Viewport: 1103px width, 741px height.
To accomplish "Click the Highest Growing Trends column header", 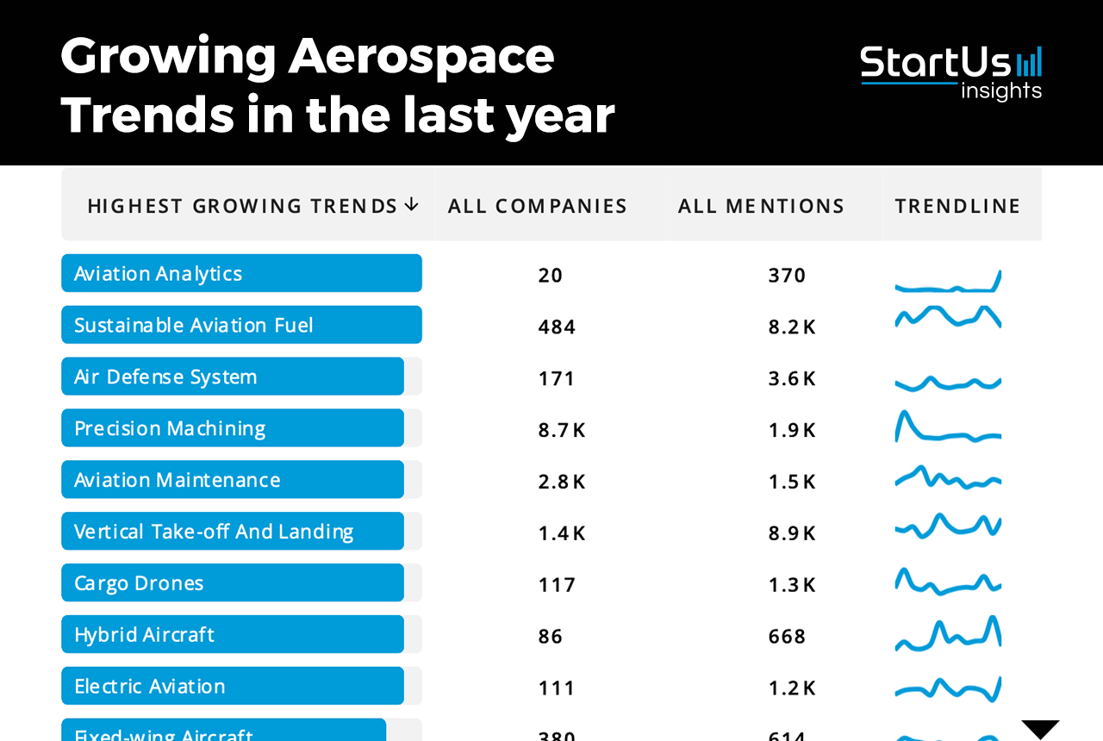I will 242,206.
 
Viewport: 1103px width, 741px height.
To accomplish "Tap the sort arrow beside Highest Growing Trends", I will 412,204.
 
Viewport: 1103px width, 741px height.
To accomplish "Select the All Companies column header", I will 538,206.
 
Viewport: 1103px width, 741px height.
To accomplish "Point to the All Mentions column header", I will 761,206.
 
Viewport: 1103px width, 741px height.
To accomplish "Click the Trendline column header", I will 957,206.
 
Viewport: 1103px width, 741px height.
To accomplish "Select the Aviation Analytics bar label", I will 159,274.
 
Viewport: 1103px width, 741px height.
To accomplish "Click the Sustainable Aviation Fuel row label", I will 194,326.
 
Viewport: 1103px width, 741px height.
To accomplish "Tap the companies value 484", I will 557,327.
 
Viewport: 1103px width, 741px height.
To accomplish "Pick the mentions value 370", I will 787,276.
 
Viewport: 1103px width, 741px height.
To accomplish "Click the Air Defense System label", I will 165,377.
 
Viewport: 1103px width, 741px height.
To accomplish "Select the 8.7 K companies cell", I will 562,430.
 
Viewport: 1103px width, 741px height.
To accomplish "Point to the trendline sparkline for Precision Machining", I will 948,428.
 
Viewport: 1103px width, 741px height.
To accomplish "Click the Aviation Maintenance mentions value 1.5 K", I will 792,482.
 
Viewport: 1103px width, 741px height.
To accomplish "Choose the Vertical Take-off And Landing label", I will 214,532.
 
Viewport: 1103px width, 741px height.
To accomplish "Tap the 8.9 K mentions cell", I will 792,533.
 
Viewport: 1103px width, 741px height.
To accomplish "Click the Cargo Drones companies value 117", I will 557,585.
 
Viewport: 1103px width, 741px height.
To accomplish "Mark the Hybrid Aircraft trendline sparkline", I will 948,635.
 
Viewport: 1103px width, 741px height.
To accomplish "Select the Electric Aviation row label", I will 150,687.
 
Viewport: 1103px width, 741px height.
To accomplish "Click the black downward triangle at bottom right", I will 1040,729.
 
